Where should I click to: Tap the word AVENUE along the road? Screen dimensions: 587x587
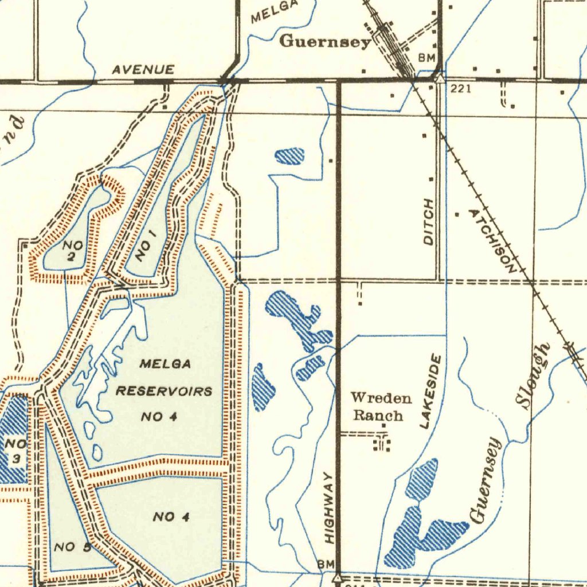[x=143, y=70]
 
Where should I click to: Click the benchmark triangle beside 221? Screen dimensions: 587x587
[x=440, y=78]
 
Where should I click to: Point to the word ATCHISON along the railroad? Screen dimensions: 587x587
[x=492, y=239]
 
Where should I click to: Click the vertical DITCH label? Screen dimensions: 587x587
[x=429, y=222]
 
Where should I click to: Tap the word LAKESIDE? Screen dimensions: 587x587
[x=431, y=392]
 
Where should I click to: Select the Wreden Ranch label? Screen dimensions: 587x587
[x=380, y=406]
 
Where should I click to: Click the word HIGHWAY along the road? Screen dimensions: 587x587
[x=328, y=508]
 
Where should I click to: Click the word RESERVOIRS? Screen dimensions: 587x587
[x=165, y=392]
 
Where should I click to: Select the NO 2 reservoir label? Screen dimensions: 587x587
[x=73, y=251]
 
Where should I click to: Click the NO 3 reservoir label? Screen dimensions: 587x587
[x=16, y=451]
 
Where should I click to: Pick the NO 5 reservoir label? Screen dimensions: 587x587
[x=72, y=547]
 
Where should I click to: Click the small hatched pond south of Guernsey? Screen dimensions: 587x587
[x=290, y=156]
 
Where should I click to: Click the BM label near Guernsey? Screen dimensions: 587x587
[x=427, y=58]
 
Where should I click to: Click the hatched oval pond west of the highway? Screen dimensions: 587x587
[x=263, y=388]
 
